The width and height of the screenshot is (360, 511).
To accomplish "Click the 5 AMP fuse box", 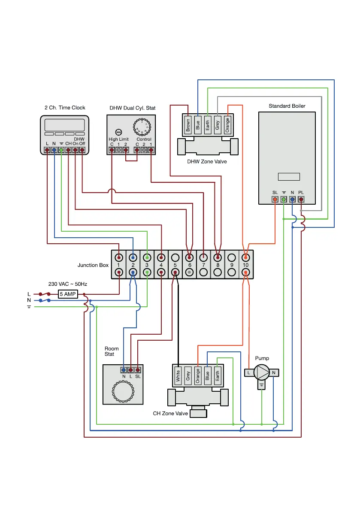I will coord(68,294).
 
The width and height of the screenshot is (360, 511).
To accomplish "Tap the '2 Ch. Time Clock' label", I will coord(65,108).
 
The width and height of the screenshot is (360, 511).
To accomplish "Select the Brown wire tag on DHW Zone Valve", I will coord(188,124).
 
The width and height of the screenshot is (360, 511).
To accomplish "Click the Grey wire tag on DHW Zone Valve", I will coord(218,124).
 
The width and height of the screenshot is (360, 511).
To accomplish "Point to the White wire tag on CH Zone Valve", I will coord(178,377).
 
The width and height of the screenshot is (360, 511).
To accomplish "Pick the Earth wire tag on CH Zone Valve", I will coord(217,377).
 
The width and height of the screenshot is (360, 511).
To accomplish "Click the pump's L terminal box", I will coord(249,373).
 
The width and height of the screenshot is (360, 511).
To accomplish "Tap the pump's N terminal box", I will coord(274,373).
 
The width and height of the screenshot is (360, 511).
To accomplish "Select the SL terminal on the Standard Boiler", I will coord(275,199).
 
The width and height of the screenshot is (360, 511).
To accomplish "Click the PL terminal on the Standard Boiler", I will coord(301,199).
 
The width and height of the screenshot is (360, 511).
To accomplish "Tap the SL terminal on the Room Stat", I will coord(138,369).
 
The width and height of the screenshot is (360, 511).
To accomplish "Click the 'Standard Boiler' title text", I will coord(287,106).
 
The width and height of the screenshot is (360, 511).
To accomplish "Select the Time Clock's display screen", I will coord(65,125).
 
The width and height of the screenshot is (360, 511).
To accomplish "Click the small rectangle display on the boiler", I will coord(289,177).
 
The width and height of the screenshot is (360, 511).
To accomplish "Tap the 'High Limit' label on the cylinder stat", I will coord(118,139).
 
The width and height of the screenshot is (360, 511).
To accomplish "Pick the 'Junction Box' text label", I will coord(93,265).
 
